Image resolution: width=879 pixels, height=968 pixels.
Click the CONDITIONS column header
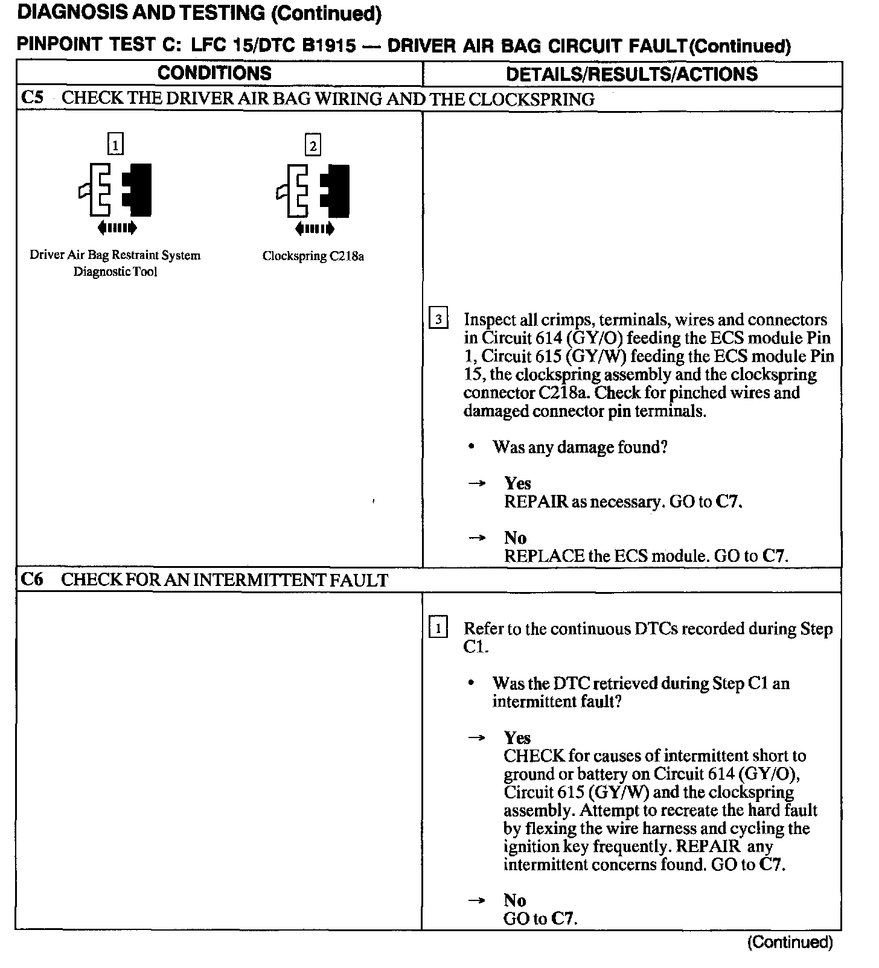click(214, 74)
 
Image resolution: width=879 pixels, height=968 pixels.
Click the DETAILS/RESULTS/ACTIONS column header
click(631, 74)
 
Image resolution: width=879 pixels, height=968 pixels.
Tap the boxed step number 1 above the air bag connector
click(115, 145)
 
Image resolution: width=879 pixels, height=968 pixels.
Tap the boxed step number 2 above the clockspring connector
click(313, 145)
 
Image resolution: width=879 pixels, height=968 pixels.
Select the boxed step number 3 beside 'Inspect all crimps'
click(438, 319)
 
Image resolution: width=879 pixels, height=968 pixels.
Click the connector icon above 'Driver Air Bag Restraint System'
click(115, 189)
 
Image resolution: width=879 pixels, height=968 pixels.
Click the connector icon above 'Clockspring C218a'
click(313, 190)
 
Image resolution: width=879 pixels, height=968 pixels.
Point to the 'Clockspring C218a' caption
click(313, 256)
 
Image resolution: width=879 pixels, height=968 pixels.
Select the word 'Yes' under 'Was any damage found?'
click(517, 483)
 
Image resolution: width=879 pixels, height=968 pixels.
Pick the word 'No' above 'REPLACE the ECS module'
click(515, 538)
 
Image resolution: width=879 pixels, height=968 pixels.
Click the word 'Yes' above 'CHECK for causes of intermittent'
click(517, 737)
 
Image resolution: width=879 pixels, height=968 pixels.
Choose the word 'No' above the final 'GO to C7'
click(515, 900)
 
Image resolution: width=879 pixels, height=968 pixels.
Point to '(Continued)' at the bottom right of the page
click(790, 943)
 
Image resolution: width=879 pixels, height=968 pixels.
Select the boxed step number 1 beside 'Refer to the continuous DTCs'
click(438, 628)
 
